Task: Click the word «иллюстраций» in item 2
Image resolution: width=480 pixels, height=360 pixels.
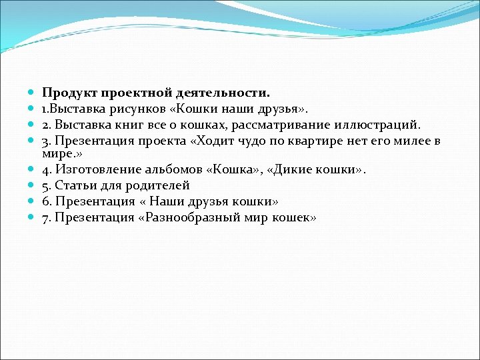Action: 381,123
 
